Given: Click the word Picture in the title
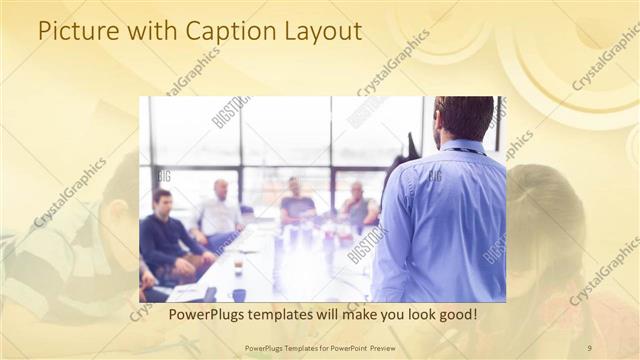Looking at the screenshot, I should (x=75, y=31).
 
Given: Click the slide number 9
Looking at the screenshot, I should (x=589, y=347).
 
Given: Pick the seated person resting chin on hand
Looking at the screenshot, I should (x=357, y=204).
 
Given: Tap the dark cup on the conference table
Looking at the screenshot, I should (x=239, y=294).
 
